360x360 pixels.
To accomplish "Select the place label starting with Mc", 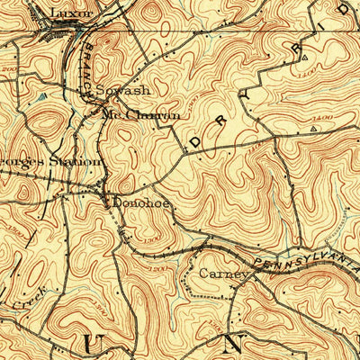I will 141,114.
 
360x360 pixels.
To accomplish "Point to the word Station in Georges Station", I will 77,161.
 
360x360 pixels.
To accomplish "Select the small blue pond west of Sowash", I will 42,94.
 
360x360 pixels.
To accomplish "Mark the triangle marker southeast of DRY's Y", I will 313,130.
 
